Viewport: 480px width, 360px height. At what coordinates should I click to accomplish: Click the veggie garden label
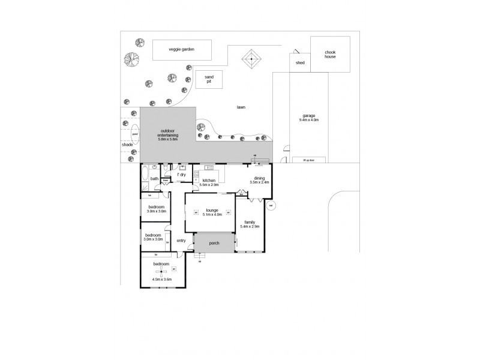pyautogui.click(x=182, y=50)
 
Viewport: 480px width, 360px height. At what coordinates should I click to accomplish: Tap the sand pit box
pyautogui.click(x=209, y=80)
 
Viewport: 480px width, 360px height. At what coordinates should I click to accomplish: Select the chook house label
pyautogui.click(x=329, y=55)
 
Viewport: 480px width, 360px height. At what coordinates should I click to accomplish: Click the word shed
pyautogui.click(x=300, y=62)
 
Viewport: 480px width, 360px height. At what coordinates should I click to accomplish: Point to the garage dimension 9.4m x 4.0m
pyautogui.click(x=308, y=120)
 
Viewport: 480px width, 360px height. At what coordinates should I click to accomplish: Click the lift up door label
pyautogui.click(x=308, y=160)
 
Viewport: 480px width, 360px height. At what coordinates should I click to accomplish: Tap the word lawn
pyautogui.click(x=241, y=107)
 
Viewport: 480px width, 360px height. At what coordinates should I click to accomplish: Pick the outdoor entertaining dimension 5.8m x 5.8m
pyautogui.click(x=168, y=139)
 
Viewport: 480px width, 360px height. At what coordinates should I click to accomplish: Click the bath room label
pyautogui.click(x=154, y=178)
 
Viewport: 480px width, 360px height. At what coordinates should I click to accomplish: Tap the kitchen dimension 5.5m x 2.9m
pyautogui.click(x=209, y=184)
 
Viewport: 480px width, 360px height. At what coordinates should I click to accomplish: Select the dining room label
pyautogui.click(x=259, y=178)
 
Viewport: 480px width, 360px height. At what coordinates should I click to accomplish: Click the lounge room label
pyautogui.click(x=211, y=211)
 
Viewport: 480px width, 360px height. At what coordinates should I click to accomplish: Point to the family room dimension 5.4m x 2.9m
pyautogui.click(x=249, y=226)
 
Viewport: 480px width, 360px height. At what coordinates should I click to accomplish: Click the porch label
pyautogui.click(x=214, y=243)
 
